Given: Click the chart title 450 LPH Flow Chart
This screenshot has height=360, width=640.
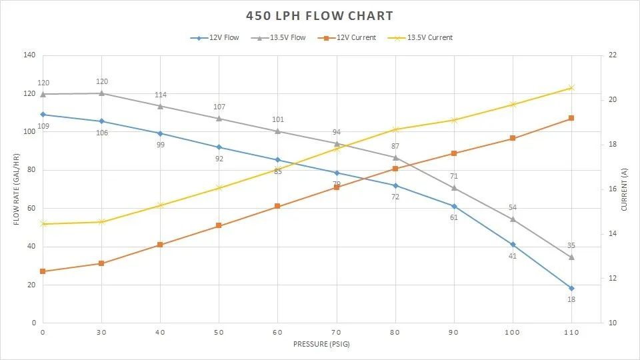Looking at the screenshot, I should [x=319, y=15].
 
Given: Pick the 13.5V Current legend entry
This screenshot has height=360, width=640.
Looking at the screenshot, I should [x=423, y=38].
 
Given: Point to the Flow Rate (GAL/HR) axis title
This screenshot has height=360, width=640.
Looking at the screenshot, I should [x=16, y=189].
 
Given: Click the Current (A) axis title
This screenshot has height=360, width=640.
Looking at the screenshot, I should [x=624, y=189].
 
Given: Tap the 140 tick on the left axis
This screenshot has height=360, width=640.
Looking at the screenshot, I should [x=29, y=55].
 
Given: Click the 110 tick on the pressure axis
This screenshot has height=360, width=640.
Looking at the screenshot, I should [x=571, y=331].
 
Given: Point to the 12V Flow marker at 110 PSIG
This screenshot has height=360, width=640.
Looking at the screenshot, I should [x=571, y=288].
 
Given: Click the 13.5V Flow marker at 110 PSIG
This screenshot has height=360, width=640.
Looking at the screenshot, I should [x=571, y=257].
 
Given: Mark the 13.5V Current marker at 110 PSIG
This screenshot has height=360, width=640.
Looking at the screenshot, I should [x=571, y=87].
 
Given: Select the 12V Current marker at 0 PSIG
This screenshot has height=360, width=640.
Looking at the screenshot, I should [x=43, y=271].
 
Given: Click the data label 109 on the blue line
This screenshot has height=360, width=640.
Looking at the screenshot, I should [x=43, y=126].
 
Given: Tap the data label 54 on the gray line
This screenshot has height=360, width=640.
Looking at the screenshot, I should [x=513, y=207].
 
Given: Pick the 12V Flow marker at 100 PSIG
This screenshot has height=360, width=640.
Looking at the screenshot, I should [x=513, y=245].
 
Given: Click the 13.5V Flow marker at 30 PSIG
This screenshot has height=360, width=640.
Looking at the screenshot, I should [x=101, y=93].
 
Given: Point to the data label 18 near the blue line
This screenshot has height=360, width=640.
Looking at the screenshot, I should [x=571, y=299].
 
